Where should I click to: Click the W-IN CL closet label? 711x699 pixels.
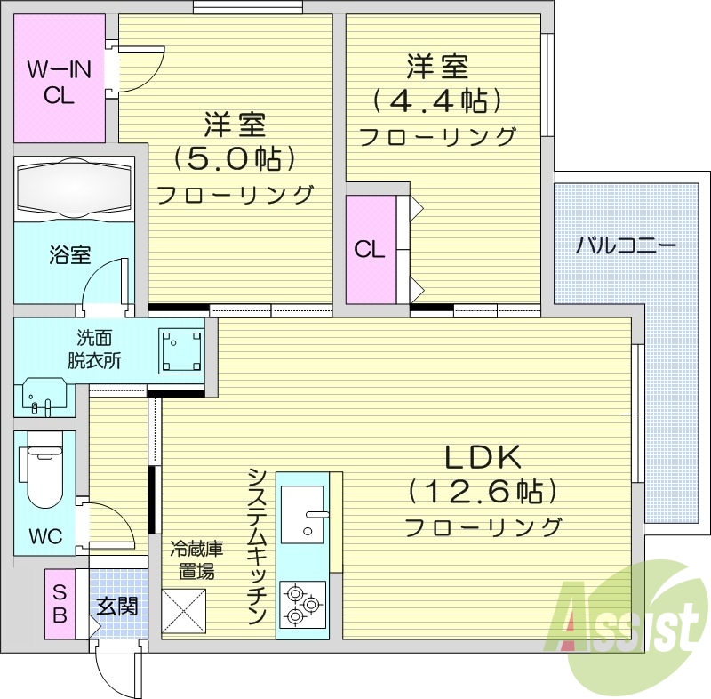tap(60, 82)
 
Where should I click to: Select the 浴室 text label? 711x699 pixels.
tap(69, 256)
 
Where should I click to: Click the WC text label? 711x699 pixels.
tap(44, 537)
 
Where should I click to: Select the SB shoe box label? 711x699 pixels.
tap(60, 604)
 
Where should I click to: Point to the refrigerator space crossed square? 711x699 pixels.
tap(183, 611)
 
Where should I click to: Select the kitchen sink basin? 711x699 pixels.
tap(302, 514)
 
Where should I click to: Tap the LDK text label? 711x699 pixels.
tap(482, 458)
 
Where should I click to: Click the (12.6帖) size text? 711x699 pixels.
tap(482, 491)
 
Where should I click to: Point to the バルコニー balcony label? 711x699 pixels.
tap(626, 245)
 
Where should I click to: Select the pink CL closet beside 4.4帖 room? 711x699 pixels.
tap(370, 250)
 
